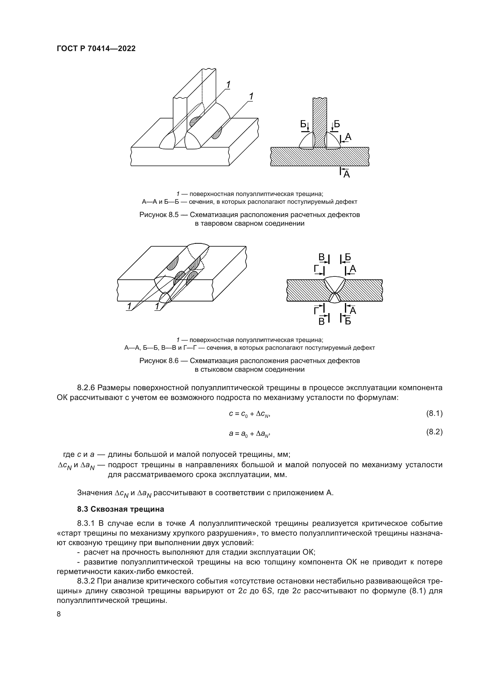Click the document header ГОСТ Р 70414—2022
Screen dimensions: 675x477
[96, 49]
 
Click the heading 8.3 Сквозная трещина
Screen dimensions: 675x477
[121, 509]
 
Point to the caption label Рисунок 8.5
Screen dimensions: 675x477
[159, 215]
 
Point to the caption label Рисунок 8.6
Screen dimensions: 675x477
[159, 361]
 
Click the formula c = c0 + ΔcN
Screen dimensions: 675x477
[249, 414]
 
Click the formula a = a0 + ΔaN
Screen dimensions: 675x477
[249, 433]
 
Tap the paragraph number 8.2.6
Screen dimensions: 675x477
[86, 388]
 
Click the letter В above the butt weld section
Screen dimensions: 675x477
[322, 257]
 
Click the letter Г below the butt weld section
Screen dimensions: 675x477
[317, 310]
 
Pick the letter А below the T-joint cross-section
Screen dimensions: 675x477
[347, 175]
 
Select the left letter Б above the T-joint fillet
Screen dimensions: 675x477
[303, 124]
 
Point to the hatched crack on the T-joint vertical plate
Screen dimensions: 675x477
[195, 121]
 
